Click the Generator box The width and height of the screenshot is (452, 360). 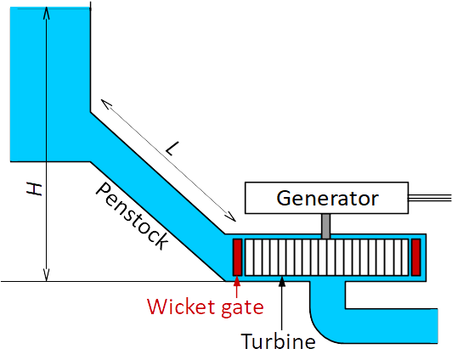click(x=326, y=198)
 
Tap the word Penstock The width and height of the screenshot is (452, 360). click(x=133, y=216)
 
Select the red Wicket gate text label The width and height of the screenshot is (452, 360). click(x=206, y=307)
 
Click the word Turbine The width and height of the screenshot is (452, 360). click(x=278, y=341)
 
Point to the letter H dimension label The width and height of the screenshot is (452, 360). click(x=35, y=189)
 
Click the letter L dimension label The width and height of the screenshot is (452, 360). click(x=172, y=149)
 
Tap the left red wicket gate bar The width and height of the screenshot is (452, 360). click(x=238, y=257)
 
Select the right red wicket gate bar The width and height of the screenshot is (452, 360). click(x=415, y=257)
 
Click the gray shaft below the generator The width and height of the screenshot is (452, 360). click(x=325, y=226)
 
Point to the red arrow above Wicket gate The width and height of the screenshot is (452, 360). click(x=237, y=287)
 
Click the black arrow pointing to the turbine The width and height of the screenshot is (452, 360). click(x=282, y=303)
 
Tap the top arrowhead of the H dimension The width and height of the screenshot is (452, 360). click(x=46, y=13)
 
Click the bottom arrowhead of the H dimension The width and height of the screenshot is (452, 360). click(x=46, y=275)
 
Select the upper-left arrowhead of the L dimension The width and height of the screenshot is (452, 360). click(x=105, y=104)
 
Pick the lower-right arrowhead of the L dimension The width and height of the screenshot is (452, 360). click(x=231, y=217)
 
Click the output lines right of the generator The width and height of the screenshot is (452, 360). click(x=430, y=198)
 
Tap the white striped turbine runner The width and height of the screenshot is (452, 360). click(x=326, y=257)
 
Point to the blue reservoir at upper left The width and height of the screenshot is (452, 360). click(x=50, y=84)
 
